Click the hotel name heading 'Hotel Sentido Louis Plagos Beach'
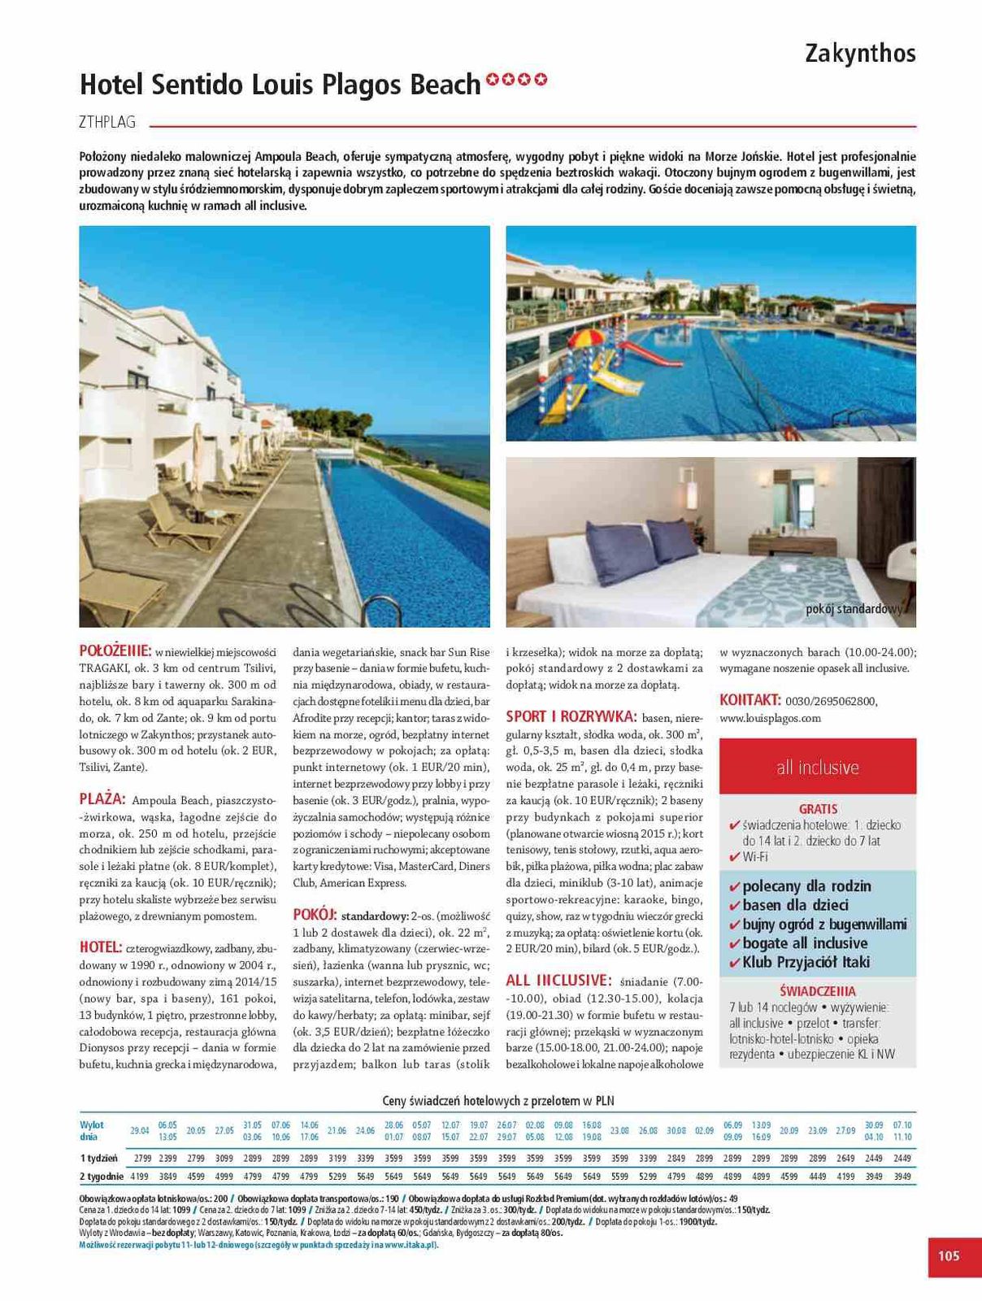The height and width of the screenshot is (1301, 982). tap(280, 84)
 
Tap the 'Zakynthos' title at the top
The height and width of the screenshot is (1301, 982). tap(860, 54)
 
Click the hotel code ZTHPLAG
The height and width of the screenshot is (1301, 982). tap(107, 123)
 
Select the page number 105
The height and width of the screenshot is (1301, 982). tap(949, 1256)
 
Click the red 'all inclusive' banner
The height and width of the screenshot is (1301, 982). tap(817, 767)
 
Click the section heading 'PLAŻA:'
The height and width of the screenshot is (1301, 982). tap(102, 799)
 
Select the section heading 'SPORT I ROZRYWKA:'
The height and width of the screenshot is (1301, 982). tap(571, 716)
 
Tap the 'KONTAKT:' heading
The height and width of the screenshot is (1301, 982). tap(750, 700)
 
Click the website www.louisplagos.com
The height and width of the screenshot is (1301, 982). tap(770, 718)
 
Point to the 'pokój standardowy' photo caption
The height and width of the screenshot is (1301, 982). tap(854, 609)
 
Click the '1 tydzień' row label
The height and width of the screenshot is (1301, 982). tap(99, 1158)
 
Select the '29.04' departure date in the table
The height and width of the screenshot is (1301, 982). tap(140, 1130)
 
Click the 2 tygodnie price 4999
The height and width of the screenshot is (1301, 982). tap(224, 1176)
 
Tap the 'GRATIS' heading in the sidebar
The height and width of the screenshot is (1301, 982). tap(818, 809)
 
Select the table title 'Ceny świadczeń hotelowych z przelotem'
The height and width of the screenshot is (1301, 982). tap(498, 1101)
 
